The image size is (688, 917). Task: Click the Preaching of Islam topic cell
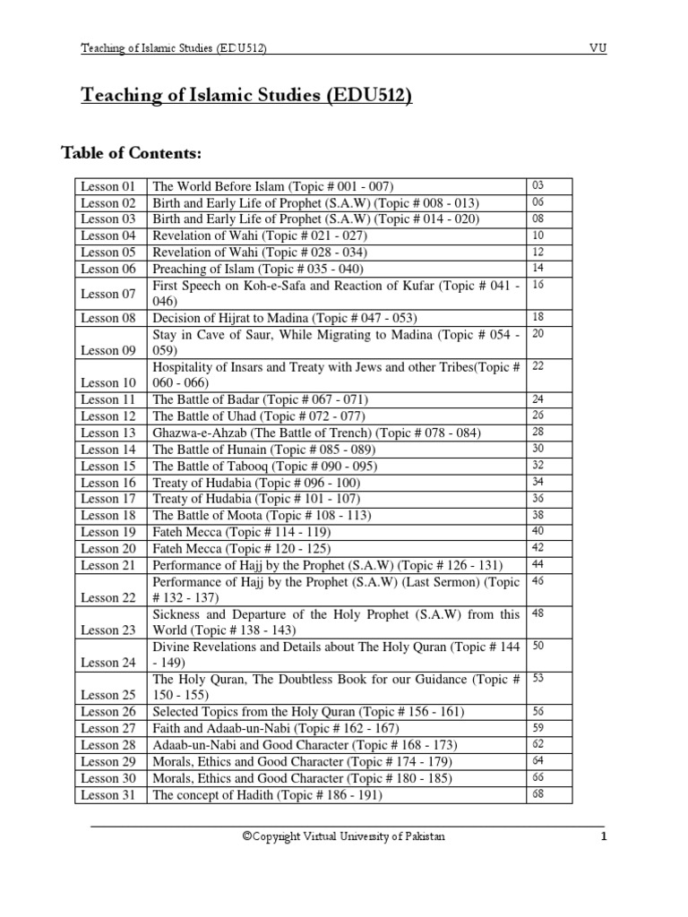[259, 269]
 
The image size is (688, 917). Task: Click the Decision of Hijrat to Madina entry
[285, 318]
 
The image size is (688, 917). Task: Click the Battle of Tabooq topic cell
[264, 466]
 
